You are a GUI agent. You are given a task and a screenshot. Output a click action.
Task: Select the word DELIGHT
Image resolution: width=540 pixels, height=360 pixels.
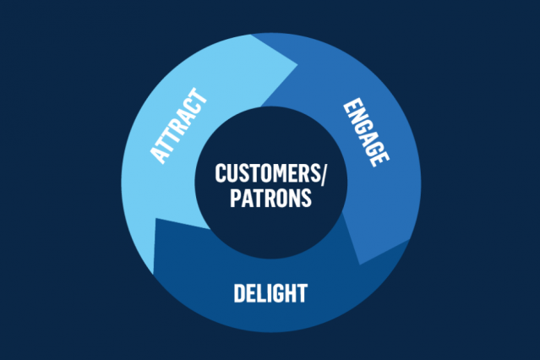270,294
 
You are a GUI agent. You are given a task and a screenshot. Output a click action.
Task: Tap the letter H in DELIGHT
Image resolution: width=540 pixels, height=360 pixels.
288,294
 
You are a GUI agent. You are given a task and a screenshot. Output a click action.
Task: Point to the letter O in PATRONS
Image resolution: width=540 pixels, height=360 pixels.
283,199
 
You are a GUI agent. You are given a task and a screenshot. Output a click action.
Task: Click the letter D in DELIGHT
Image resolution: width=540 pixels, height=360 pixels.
238,294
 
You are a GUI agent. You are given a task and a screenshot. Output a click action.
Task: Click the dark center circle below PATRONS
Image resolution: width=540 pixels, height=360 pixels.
270,224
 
